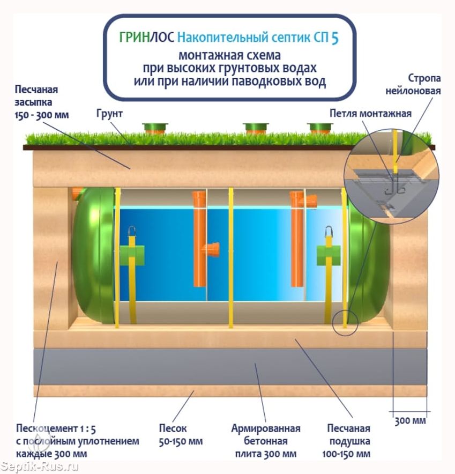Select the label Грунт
point(110,114)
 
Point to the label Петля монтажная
point(370,113)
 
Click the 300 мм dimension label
point(411,420)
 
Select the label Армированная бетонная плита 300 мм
point(266,441)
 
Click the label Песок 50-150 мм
point(173,435)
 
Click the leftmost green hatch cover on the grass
point(155,128)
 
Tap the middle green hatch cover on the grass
point(255,128)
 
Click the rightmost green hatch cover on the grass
point(320,128)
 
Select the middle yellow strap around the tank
point(230,257)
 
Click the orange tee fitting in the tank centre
point(211,249)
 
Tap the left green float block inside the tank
point(131,253)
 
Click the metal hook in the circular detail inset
point(395,186)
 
